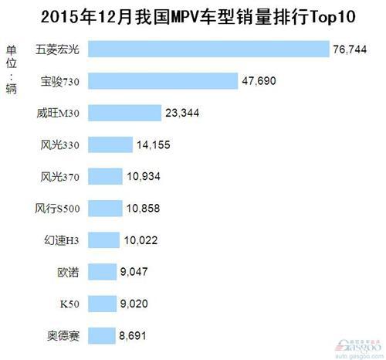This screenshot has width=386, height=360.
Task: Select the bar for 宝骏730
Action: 163,81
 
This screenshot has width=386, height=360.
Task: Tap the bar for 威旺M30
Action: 124,113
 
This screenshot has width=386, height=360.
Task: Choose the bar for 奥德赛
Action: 101,335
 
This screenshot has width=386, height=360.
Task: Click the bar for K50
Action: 102,304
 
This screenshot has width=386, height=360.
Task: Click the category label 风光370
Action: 59,177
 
